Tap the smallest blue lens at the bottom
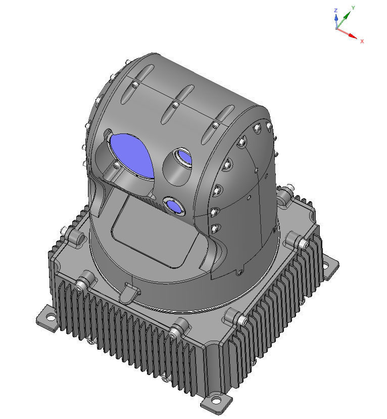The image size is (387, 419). [x=175, y=206]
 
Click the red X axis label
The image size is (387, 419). [x=362, y=41]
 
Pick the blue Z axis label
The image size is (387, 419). [x=335, y=10]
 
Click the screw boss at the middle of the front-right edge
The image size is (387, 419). [x=235, y=316]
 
